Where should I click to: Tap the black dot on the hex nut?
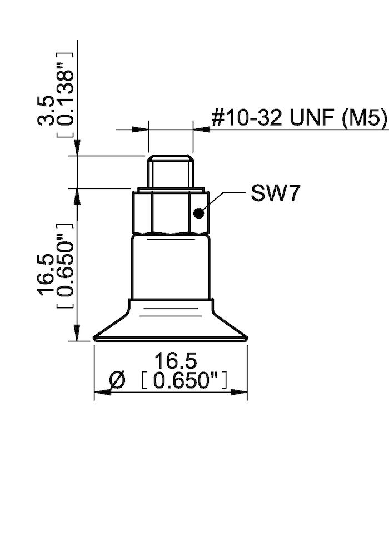pyautogui.click(x=198, y=212)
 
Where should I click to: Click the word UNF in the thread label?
pyautogui.click(x=309, y=118)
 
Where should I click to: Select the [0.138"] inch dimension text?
pyautogui.click(x=66, y=95)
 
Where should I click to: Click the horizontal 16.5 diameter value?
pyautogui.click(x=175, y=361)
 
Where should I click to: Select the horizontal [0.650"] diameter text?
pyautogui.click(x=183, y=381)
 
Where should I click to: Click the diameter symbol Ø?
pyautogui.click(x=117, y=381)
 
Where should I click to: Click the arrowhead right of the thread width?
pyautogui.click(x=201, y=130)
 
